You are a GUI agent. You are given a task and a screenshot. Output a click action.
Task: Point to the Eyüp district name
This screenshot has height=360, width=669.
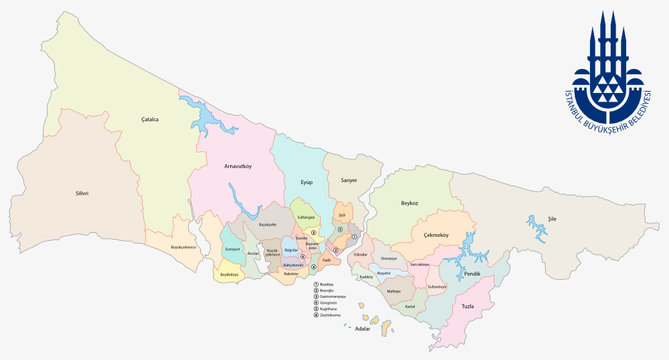(306, 182)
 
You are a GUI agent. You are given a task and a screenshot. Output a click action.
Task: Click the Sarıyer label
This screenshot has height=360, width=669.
(348, 182)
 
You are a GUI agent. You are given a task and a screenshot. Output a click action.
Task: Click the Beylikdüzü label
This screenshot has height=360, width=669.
(229, 273)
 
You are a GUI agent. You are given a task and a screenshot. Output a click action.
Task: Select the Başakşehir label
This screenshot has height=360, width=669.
(267, 226)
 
